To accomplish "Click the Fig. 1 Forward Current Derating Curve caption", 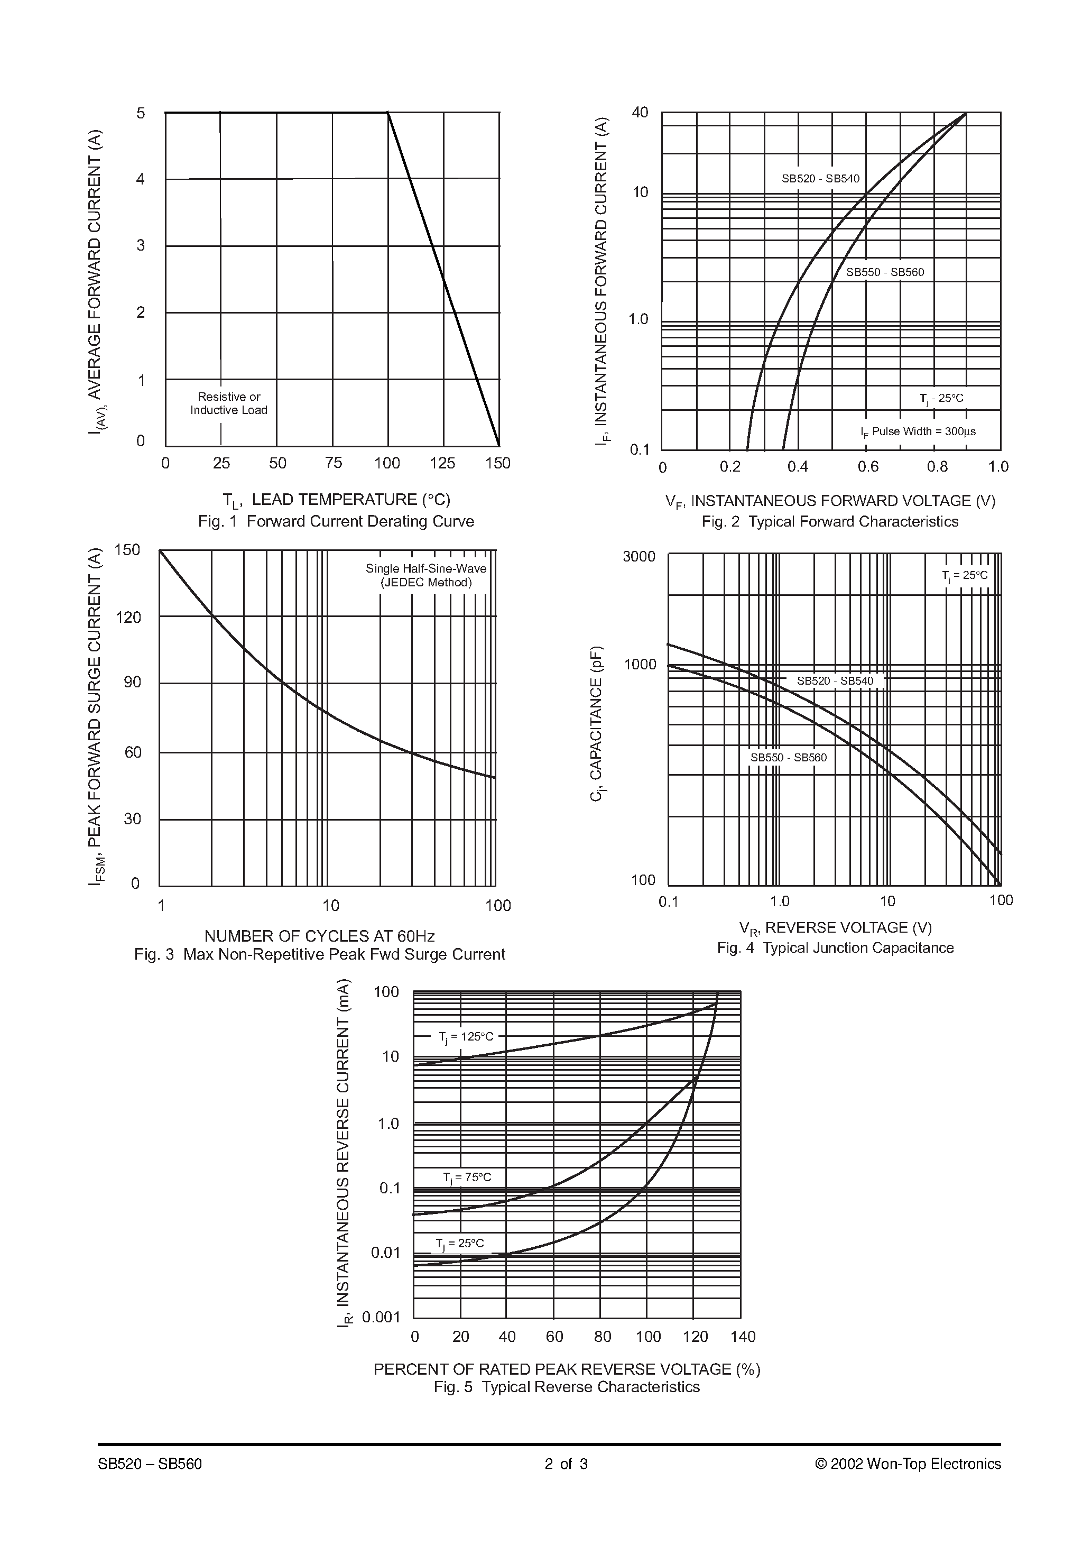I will tap(336, 521).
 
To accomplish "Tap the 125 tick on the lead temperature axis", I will tap(442, 463).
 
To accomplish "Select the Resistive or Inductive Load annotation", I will tap(228, 403).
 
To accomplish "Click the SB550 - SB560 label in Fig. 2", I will tap(885, 273).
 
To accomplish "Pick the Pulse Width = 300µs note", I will tap(918, 431).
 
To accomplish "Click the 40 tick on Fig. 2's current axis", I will tap(640, 113).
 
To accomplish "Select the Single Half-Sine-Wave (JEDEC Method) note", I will tap(425, 575).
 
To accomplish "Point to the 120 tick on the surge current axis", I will tap(128, 618).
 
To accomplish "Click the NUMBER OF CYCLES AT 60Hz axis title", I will tap(319, 936).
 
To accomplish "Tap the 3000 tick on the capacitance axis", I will tap(638, 556).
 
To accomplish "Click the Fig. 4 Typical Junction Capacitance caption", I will tap(835, 948).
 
